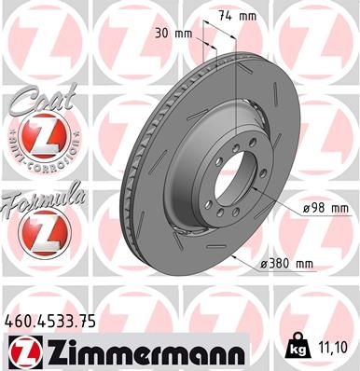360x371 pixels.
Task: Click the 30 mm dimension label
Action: click(x=175, y=34)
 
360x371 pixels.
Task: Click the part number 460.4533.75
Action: click(x=51, y=320)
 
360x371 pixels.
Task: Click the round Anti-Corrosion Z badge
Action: click(x=41, y=137)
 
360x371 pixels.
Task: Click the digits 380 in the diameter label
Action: click(x=282, y=264)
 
